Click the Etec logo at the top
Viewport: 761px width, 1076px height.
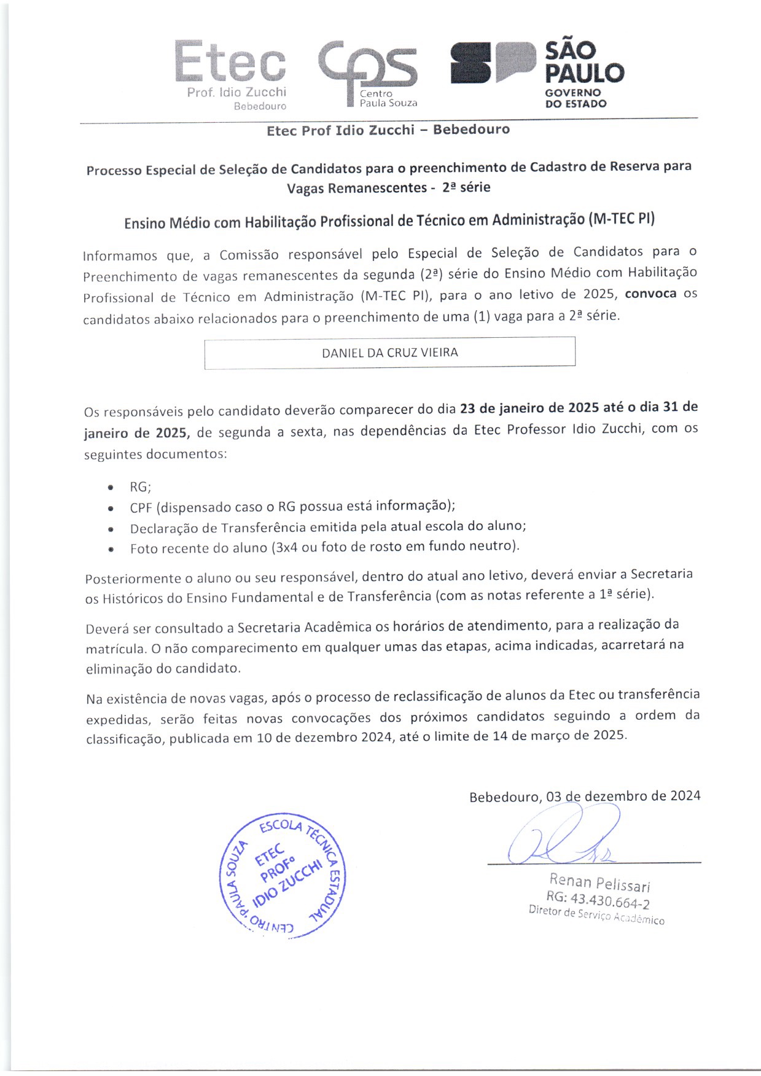231,72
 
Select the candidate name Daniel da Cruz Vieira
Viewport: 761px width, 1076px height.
389,353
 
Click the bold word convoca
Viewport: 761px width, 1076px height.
650,294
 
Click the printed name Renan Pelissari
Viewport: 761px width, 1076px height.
599,883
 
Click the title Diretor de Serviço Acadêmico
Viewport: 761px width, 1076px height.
596,915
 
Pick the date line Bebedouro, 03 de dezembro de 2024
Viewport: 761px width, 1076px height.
584,797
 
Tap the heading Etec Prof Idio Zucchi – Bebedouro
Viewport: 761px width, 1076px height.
388,130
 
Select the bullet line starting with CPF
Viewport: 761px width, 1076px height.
292,507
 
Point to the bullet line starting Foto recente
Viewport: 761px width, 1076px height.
324,547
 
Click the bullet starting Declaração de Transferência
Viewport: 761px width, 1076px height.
328,528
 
